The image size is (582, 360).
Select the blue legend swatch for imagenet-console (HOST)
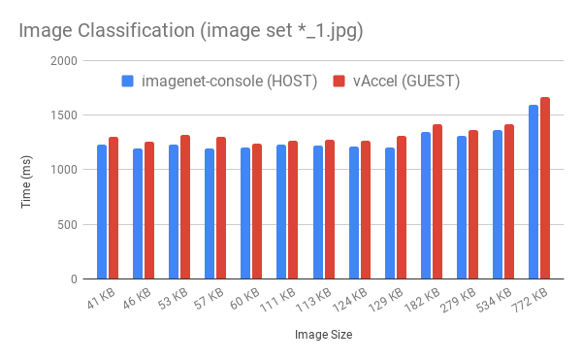(128, 81)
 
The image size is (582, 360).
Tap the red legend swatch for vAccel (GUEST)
(339, 81)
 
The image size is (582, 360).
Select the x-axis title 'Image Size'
(323, 335)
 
